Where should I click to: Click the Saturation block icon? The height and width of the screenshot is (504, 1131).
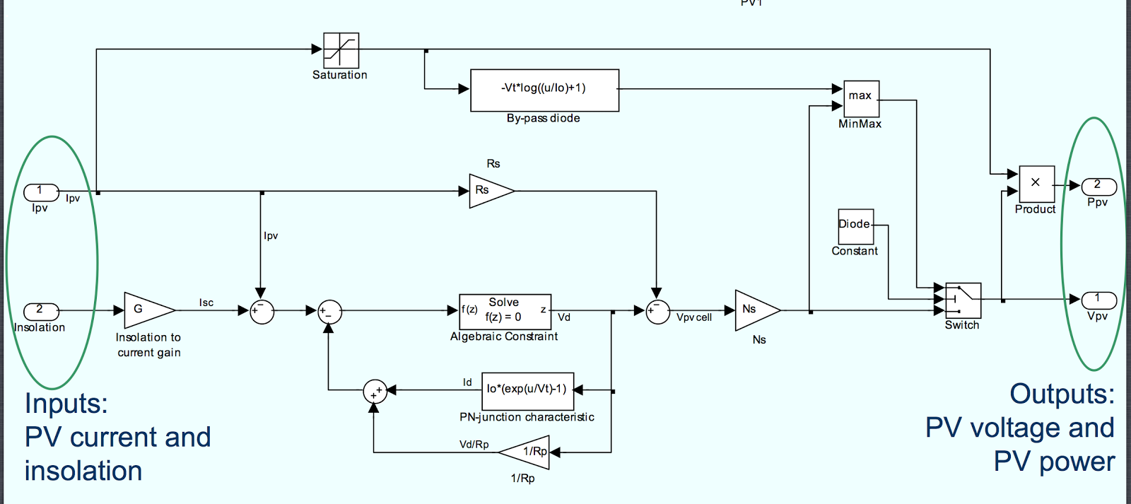tap(341, 50)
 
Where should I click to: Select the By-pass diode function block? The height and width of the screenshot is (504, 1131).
tap(544, 90)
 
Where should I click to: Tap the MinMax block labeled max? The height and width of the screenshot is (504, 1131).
tap(861, 98)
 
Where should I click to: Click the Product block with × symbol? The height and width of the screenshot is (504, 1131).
tap(1036, 184)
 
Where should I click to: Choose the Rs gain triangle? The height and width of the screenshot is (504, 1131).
tap(488, 191)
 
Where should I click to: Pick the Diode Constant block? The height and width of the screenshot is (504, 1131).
tap(855, 226)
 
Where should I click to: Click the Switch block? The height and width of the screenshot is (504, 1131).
tap(963, 300)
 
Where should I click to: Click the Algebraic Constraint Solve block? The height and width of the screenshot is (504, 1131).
tap(505, 310)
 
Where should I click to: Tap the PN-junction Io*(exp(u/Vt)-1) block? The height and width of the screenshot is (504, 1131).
tap(527, 390)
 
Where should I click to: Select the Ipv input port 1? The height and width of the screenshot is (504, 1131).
tap(41, 192)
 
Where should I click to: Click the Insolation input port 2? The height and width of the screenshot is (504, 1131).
tap(41, 311)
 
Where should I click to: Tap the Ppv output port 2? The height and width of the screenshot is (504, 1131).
tap(1098, 186)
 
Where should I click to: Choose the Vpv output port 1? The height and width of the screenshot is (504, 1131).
tap(1098, 300)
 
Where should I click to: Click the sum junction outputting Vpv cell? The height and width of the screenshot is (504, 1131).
tap(657, 312)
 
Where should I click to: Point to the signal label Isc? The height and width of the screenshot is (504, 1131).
tap(206, 303)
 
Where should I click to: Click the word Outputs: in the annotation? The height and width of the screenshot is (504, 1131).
tap(1062, 394)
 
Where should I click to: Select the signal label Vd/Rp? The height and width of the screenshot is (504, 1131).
tap(474, 445)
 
